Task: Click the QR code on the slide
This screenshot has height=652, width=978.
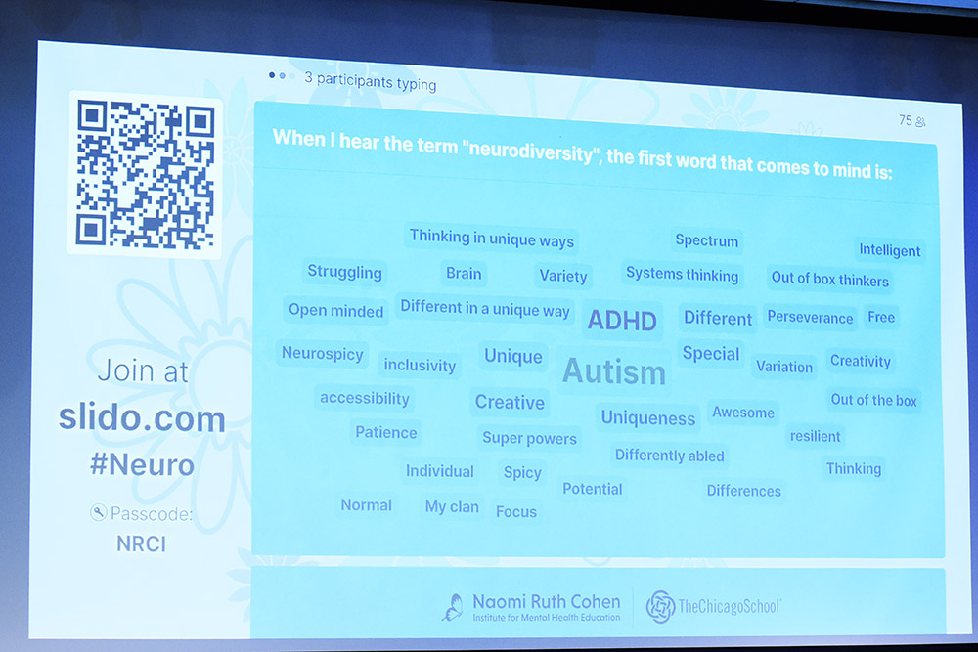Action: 145,174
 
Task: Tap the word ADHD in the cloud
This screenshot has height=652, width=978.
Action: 622,321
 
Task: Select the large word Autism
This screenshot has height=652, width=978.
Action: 614,371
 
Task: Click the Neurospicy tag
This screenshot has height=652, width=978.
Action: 323,354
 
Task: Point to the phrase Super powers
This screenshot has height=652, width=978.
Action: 529,438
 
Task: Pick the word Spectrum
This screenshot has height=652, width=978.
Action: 707,240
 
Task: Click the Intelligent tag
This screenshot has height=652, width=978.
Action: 889,250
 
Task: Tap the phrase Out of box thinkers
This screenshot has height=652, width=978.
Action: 829,280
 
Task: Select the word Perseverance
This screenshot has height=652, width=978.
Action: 810,317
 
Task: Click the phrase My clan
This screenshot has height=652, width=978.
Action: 452,506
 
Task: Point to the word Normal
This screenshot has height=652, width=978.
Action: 366,505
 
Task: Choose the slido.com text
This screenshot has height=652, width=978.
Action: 142,418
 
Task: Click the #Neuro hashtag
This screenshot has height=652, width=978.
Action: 142,465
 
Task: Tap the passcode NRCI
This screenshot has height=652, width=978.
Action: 141,544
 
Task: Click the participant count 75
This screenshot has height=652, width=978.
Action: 905,120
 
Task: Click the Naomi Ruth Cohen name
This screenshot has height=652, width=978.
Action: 547,601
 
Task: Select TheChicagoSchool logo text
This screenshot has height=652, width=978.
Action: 729,606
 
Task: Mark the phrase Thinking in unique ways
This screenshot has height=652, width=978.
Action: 492,239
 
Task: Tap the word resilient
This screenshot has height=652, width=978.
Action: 816,436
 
